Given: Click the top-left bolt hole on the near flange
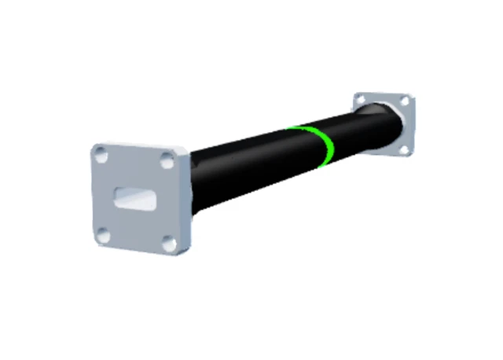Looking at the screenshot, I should point(101,156).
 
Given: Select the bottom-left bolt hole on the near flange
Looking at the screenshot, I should point(103,233).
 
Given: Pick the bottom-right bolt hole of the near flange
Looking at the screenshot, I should point(167,244).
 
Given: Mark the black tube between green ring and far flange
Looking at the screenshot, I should point(354,130).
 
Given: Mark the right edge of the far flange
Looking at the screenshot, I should point(413,126).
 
